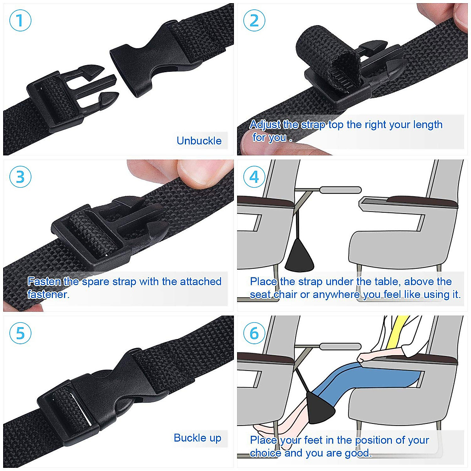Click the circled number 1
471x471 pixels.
coord(20,20)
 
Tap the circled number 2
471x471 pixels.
coord(254,20)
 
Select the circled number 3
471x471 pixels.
coord(20,177)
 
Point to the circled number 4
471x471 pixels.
coord(254,177)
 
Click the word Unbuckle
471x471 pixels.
coord(199,141)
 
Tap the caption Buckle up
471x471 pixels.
coord(197,438)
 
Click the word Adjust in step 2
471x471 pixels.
coord(265,125)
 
